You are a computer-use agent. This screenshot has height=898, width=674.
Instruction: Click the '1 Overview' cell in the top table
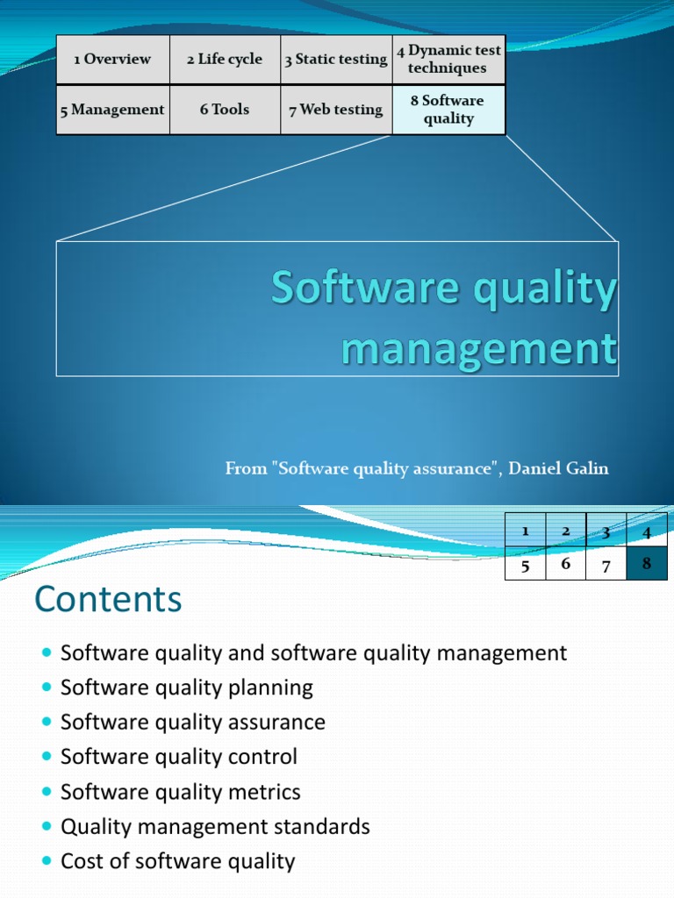pyautogui.click(x=112, y=60)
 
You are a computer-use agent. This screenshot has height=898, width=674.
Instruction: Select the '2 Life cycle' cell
pyautogui.click(x=225, y=60)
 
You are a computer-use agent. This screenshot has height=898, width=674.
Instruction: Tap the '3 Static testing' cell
pyautogui.click(x=336, y=60)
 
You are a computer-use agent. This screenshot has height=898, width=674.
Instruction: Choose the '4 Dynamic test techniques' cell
pyautogui.click(x=448, y=60)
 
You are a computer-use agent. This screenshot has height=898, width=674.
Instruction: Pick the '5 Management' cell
pyautogui.click(x=112, y=110)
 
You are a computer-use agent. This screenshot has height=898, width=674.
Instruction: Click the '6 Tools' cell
pyautogui.click(x=225, y=110)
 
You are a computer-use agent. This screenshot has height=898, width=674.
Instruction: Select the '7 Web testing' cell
pyautogui.click(x=336, y=110)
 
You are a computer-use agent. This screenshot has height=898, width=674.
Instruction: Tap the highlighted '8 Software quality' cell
pyautogui.click(x=448, y=110)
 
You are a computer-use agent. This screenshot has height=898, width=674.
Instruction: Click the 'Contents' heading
pyautogui.click(x=108, y=600)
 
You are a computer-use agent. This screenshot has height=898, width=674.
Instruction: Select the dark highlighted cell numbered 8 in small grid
pyautogui.click(x=647, y=564)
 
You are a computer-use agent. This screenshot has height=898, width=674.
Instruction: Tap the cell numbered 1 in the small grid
pyautogui.click(x=525, y=531)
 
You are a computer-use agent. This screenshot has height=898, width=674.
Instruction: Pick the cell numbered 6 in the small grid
pyautogui.click(x=566, y=564)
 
